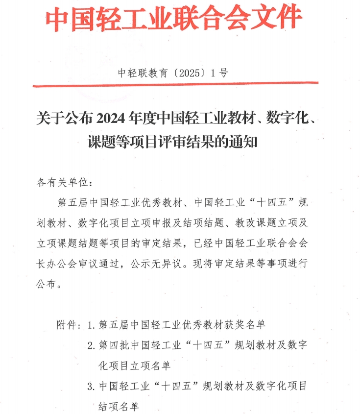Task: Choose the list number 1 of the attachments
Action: [90, 325]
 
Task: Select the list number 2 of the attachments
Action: [90, 345]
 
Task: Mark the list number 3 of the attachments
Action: [90, 387]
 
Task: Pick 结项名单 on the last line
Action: [119, 407]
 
